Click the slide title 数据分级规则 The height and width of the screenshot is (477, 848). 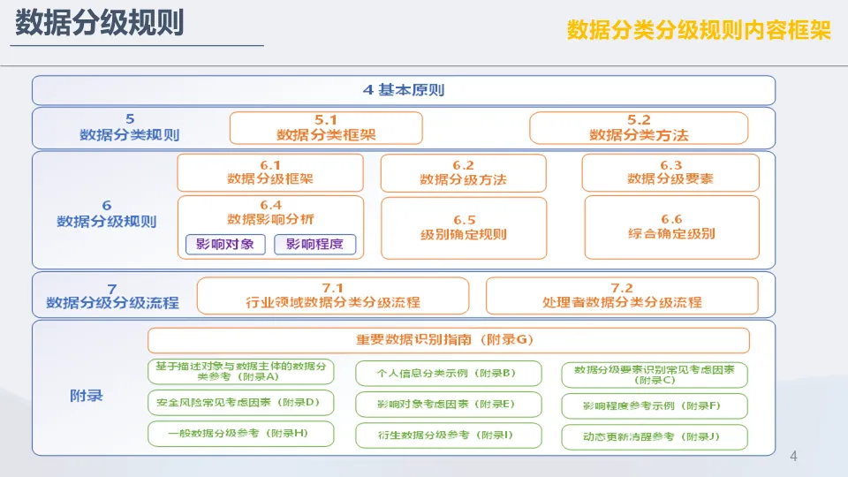click(100, 23)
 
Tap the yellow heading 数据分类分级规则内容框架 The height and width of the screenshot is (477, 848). click(698, 30)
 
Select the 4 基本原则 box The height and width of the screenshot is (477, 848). click(404, 90)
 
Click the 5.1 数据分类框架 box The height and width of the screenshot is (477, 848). click(326, 127)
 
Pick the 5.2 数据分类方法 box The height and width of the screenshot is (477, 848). click(639, 127)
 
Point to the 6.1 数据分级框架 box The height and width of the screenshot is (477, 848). click(270, 172)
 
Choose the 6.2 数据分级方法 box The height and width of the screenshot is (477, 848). click(464, 173)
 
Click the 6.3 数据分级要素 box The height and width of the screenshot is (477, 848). click(670, 172)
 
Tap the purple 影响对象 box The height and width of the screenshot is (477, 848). click(225, 244)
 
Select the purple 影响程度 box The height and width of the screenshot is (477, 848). click(314, 244)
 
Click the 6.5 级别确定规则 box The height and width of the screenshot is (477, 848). click(464, 228)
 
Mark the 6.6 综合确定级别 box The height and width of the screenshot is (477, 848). click(671, 227)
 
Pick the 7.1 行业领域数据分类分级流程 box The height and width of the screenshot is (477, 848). click(333, 296)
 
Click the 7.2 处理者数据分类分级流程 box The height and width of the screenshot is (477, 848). click(622, 296)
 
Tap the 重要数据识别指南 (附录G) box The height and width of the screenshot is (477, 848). click(449, 339)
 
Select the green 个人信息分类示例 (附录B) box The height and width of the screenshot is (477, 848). click(449, 373)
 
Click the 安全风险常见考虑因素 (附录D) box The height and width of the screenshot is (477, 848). click(240, 403)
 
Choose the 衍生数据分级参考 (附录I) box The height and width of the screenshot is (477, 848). click(449, 435)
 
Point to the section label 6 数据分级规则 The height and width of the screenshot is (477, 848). click(107, 214)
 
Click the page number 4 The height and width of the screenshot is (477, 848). click(793, 456)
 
